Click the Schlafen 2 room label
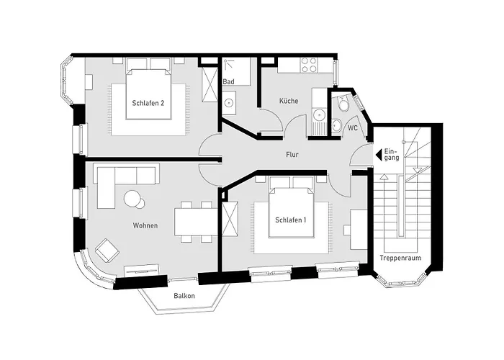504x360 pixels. (x=148, y=104)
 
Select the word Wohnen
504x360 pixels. (x=145, y=226)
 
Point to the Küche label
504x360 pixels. (x=289, y=102)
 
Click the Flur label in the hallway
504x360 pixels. (x=292, y=155)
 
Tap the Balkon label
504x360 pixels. (x=184, y=296)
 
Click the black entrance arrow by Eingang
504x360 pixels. (x=379, y=153)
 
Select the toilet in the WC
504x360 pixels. (x=343, y=105)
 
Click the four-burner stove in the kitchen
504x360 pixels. (x=310, y=66)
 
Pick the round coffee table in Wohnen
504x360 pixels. (x=132, y=198)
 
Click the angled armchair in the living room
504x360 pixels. (x=107, y=250)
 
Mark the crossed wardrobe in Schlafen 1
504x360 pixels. (x=231, y=220)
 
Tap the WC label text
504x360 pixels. (x=353, y=127)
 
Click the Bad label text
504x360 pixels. (x=229, y=82)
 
